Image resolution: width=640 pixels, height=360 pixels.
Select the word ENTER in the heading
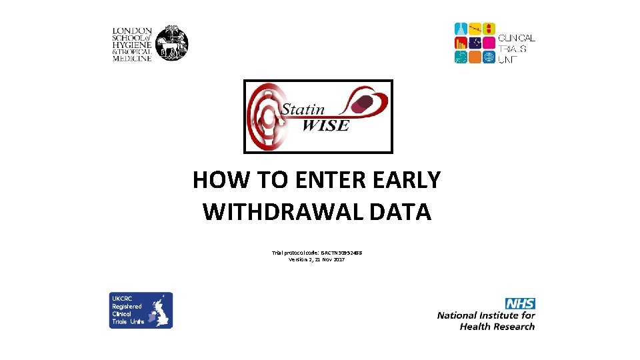pos(330,180)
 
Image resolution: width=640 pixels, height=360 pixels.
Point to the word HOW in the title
pos(219,180)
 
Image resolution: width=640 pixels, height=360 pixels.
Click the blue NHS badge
pos(520,303)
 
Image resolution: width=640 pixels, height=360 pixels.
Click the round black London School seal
pos(172,44)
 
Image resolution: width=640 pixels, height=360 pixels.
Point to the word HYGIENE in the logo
pos(132,45)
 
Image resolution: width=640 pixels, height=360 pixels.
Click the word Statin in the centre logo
pos(302,109)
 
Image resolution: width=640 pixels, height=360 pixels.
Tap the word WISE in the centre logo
pos(325,125)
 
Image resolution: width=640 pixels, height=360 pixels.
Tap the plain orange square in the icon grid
pos(475,57)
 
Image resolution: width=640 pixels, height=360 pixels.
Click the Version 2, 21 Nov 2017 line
pos(317,259)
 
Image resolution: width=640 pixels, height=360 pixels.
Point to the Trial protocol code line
pos(317,253)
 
